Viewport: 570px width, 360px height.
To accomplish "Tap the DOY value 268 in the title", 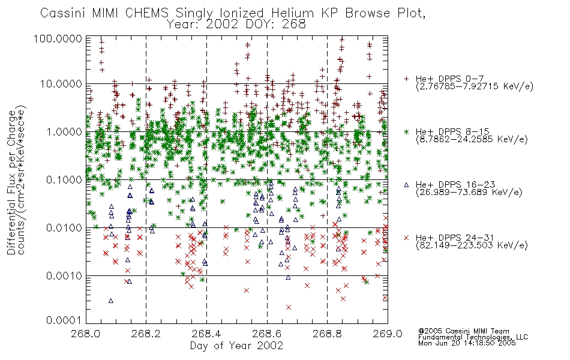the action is tap(293, 25).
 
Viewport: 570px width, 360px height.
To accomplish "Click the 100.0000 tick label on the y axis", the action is tap(58, 38).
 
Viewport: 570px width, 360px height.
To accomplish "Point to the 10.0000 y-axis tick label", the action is tap(61, 84).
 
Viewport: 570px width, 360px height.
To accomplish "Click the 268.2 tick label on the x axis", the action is tap(146, 334).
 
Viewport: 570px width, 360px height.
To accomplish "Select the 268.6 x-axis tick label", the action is tap(267, 334).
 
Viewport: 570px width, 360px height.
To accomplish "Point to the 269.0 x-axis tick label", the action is tap(388, 334).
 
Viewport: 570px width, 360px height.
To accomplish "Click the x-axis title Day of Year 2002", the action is tap(236, 346).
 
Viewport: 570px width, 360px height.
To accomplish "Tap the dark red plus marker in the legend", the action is tap(406, 79).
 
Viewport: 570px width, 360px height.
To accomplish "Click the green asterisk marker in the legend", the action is tap(406, 131).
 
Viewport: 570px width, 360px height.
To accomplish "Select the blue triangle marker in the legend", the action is tap(406, 185).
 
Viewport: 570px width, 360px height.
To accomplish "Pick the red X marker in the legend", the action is tap(406, 238).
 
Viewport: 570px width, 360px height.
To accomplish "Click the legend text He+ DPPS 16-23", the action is tap(455, 185).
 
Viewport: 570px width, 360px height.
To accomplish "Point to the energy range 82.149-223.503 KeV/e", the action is tap(472, 245).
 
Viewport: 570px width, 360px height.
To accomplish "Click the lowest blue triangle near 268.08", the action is tap(111, 301).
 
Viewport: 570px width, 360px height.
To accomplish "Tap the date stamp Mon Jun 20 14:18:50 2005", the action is tap(467, 343).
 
